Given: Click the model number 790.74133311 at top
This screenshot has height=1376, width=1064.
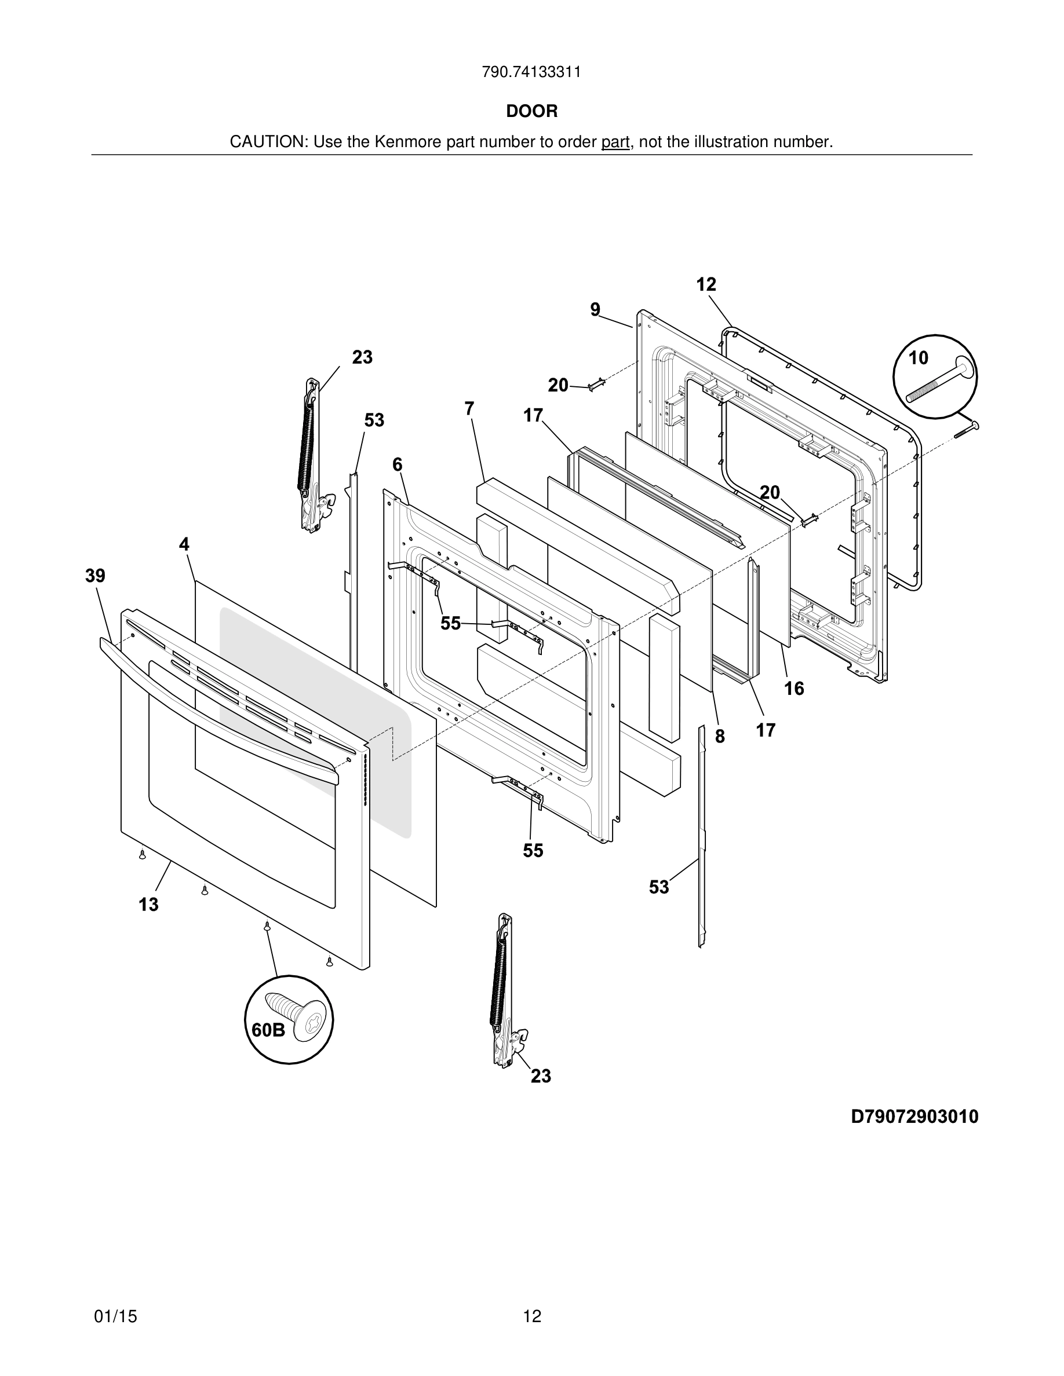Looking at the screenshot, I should pyautogui.click(x=531, y=72).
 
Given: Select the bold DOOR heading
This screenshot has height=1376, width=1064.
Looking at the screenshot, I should pyautogui.click(x=531, y=112).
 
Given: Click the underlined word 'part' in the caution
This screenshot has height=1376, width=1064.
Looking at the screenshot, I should pyautogui.click(x=614, y=142).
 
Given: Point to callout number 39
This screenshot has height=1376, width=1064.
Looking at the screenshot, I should pyautogui.click(x=95, y=575).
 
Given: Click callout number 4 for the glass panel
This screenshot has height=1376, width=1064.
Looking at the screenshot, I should pyautogui.click(x=184, y=544).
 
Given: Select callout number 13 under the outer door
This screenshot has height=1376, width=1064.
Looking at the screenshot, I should pyautogui.click(x=149, y=904).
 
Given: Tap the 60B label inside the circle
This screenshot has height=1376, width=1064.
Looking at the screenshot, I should pyautogui.click(x=268, y=1030).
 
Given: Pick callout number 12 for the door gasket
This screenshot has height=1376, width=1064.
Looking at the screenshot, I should pyautogui.click(x=706, y=285).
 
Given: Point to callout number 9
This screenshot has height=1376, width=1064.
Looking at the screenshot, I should pyautogui.click(x=595, y=309).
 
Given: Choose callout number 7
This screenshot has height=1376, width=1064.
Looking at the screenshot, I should pyautogui.click(x=469, y=409).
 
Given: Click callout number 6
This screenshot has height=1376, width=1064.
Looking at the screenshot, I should pyautogui.click(x=397, y=464).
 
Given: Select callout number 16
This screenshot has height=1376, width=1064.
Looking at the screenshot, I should pyautogui.click(x=794, y=689).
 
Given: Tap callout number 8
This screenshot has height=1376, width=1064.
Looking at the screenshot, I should pyautogui.click(x=720, y=736).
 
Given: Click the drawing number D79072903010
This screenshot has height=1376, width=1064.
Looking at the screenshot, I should pyautogui.click(x=914, y=1117).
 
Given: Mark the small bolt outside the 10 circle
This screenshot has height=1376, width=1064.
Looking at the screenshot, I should pyautogui.click(x=966, y=430).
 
